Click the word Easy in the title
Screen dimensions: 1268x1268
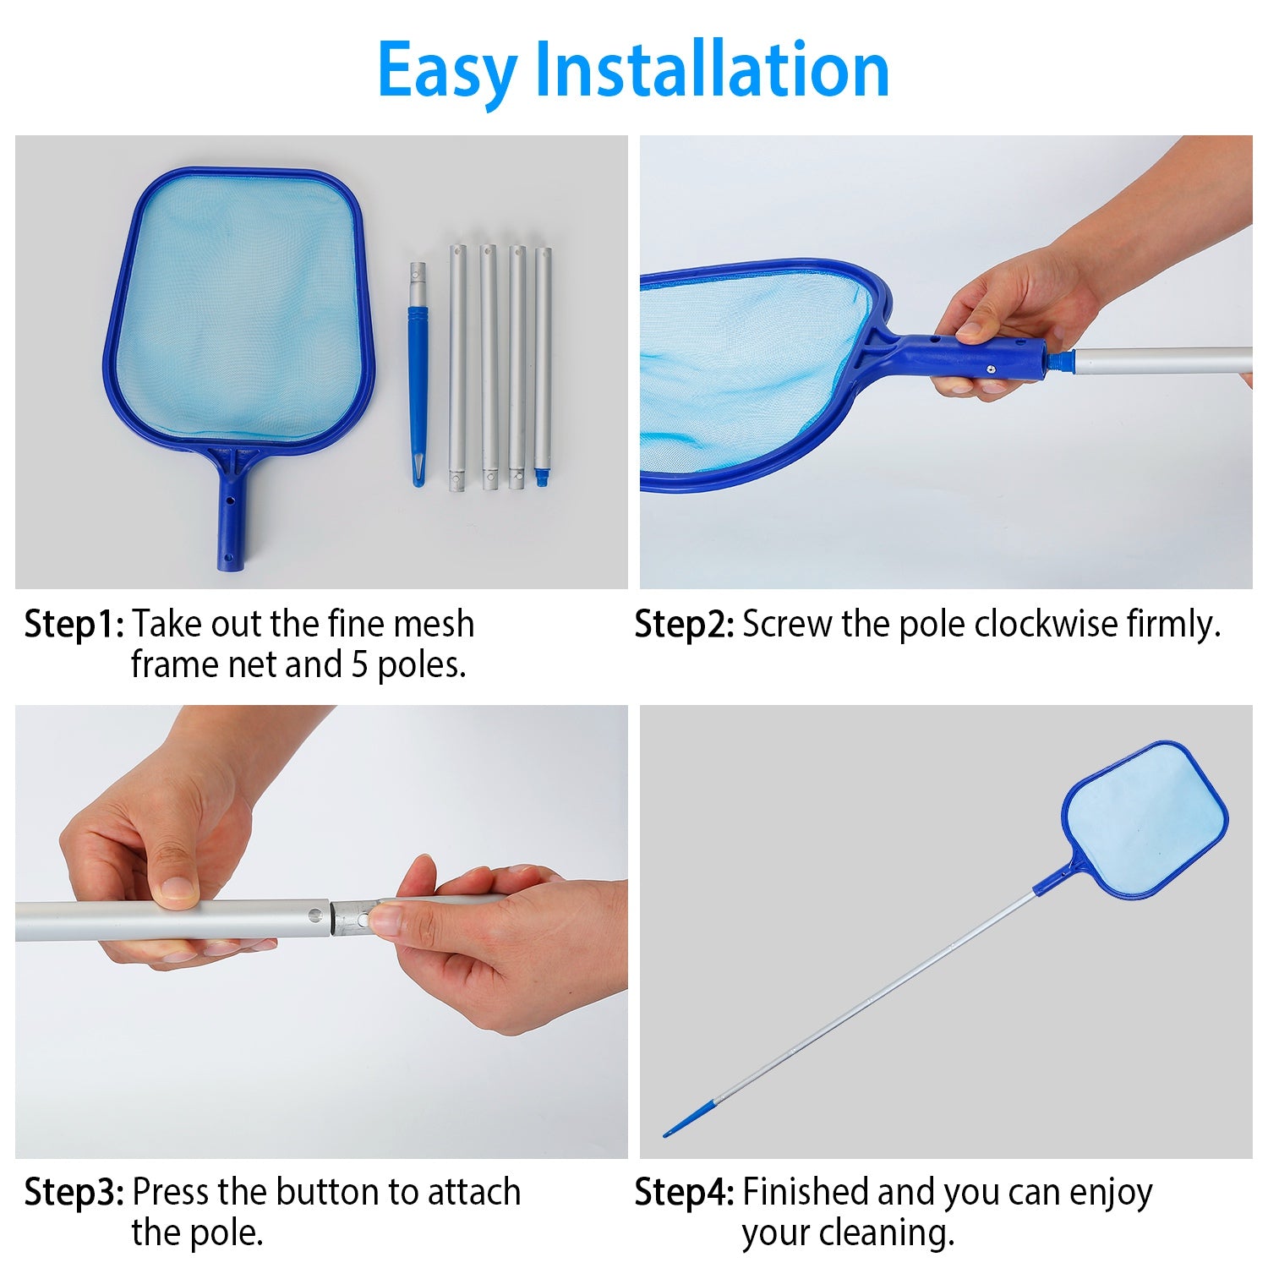[446, 71]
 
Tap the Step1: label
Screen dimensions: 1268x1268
[74, 625]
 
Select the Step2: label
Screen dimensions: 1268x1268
[684, 625]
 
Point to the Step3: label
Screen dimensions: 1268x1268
[74, 1192]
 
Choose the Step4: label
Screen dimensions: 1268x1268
[684, 1192]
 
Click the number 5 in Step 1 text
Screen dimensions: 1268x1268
[360, 665]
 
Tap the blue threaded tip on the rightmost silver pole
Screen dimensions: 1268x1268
[542, 478]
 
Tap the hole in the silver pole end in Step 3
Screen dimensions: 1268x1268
[315, 915]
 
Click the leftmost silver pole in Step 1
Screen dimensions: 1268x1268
[457, 368]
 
